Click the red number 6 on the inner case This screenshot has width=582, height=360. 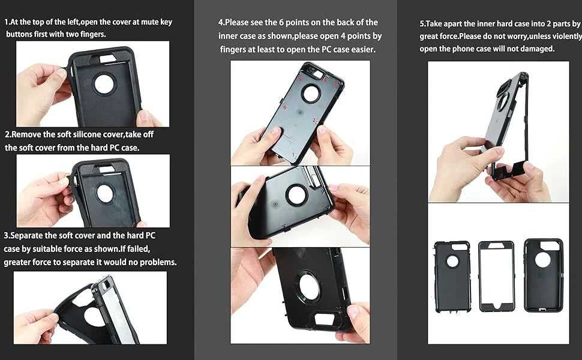[285, 108]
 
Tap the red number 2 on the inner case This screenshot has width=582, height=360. [314, 121]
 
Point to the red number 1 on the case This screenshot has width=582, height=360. [293, 155]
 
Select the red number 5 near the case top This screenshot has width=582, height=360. [300, 79]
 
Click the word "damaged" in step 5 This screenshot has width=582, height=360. [536, 49]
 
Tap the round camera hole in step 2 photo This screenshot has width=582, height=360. [105, 193]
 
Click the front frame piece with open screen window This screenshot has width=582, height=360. [496, 277]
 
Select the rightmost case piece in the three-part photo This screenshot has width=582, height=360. [543, 275]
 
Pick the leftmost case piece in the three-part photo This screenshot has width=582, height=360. [452, 276]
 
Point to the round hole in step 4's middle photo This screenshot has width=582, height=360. [296, 194]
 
